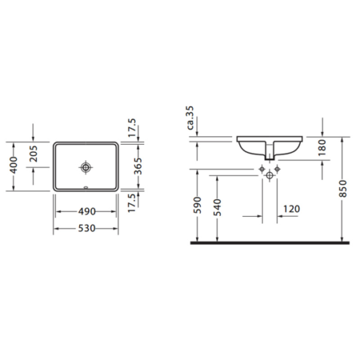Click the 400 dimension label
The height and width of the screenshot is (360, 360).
pos(14,165)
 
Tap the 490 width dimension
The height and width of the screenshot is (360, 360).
pos(87,212)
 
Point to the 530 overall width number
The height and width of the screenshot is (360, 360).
pos(87,228)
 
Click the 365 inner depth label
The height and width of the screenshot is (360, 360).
pos(138,166)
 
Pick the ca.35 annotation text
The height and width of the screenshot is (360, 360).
pos(190,118)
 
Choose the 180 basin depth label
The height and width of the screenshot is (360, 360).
pos(323,148)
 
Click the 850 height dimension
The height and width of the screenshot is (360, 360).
pos(343,188)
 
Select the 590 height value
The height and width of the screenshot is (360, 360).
pos(198,205)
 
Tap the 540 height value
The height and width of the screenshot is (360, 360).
pos(217,207)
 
